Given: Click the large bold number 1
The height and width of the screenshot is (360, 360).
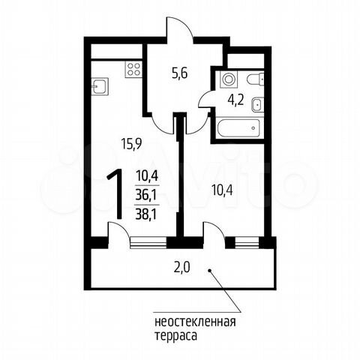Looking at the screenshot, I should coord(115,193).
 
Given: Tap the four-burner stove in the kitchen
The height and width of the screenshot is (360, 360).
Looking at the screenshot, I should coord(133,70).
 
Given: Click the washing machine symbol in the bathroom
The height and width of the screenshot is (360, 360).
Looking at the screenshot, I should coord(227,79).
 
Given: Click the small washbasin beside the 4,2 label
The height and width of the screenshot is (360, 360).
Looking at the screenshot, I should coord(257,103).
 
